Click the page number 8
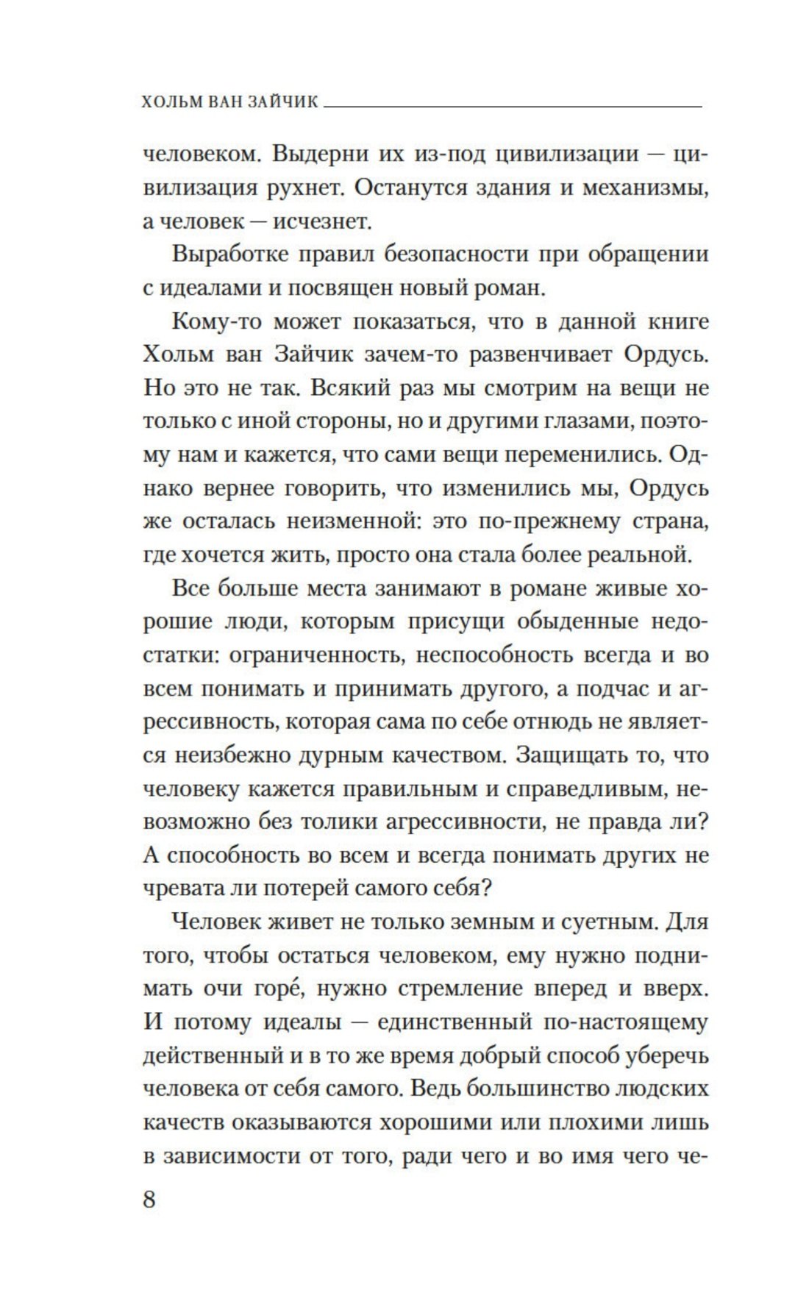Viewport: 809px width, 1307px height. pos(149,1200)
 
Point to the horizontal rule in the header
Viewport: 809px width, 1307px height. pos(513,108)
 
